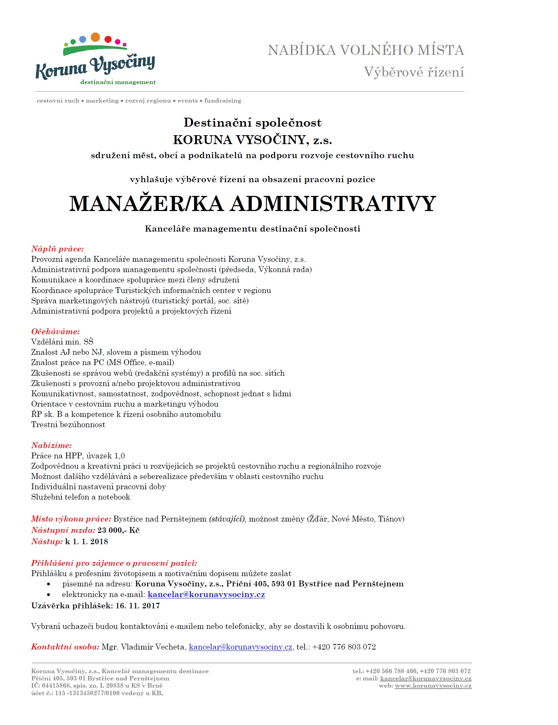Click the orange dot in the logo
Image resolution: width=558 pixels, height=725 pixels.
(95, 37)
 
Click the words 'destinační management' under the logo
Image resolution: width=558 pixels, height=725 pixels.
(118, 82)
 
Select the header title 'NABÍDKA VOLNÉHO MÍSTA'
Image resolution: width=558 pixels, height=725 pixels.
(366, 50)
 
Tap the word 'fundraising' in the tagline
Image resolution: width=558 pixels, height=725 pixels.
(223, 101)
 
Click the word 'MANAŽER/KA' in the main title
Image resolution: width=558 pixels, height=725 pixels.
(147, 203)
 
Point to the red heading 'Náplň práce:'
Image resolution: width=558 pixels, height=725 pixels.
(57, 249)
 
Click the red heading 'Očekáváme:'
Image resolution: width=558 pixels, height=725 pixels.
(55, 331)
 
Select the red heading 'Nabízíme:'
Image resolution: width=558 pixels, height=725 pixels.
(51, 445)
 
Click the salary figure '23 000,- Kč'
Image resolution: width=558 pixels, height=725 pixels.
(118, 530)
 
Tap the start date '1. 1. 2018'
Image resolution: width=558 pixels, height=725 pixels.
(90, 541)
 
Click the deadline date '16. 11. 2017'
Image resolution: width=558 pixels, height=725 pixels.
(138, 606)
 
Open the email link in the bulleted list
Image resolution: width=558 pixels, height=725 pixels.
(206, 594)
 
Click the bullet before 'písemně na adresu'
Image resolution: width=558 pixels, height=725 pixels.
(49, 584)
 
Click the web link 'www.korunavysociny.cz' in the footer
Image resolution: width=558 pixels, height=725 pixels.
(433, 686)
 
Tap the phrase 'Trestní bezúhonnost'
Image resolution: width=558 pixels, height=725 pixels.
(68, 424)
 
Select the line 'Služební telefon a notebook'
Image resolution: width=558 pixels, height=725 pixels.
(81, 497)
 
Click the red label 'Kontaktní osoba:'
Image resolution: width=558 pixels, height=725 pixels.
(65, 647)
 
